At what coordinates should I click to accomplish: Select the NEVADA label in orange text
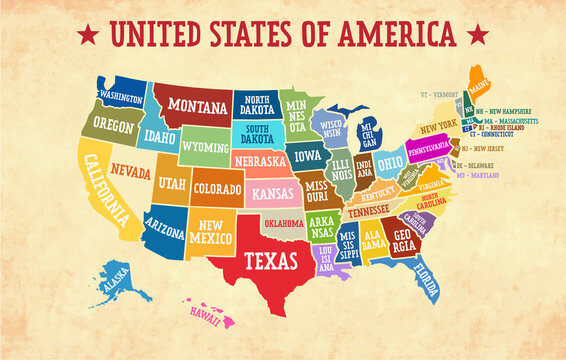click(130, 172)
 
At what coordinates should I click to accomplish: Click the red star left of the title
click(88, 35)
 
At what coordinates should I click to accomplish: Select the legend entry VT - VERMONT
click(440, 94)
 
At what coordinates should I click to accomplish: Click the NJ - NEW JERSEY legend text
click(483, 148)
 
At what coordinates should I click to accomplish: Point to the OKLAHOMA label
click(283, 223)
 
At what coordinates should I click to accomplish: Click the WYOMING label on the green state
click(204, 146)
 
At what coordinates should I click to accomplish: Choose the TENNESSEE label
click(369, 210)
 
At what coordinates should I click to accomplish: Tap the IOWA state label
click(308, 156)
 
